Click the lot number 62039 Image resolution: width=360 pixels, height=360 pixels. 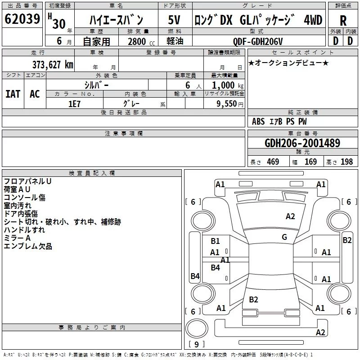coord(22,19)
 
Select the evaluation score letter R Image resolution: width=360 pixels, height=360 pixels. coord(343,21)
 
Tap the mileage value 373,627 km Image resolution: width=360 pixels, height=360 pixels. coord(53,65)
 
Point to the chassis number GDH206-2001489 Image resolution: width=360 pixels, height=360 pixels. coord(302,143)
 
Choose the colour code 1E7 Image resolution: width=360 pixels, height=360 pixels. coord(74,104)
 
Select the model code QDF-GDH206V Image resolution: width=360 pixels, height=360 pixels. coord(257,41)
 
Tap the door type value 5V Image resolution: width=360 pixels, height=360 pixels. coord(174,20)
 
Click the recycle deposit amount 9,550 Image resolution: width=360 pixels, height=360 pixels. coord(226,104)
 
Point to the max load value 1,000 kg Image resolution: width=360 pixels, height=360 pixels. coord(227,85)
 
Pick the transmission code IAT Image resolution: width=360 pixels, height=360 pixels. coord(13,94)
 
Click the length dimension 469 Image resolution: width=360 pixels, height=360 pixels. coord(273,162)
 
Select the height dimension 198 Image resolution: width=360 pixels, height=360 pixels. coord(346,162)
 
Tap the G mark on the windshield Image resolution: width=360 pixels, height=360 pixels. coord(284,237)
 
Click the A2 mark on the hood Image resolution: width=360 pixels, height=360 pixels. coord(290,216)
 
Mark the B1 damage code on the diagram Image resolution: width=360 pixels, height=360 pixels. coord(215,241)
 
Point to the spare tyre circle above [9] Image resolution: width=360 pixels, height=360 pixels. coord(197,328)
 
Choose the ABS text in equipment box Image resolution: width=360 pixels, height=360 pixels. coord(258,121)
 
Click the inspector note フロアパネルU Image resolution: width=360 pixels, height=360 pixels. coord(27,181)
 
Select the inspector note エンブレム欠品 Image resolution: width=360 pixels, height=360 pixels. coord(28,246)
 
